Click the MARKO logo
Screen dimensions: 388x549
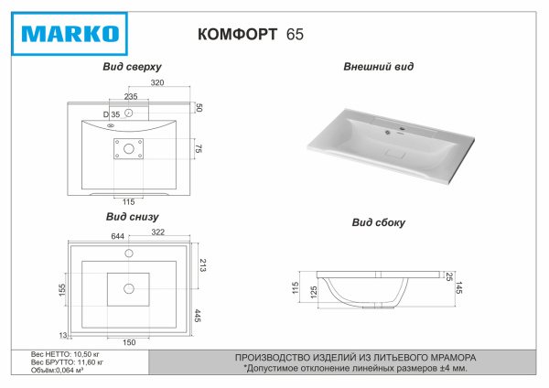tap(70, 35)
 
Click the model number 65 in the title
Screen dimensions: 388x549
tap(296, 35)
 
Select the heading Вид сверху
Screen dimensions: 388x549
tap(134, 68)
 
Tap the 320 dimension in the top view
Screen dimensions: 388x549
tap(157, 83)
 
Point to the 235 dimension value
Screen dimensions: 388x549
tap(131, 96)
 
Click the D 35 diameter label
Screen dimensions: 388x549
tap(111, 113)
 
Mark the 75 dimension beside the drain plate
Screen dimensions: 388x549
tap(198, 148)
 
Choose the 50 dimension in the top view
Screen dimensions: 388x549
tap(199, 108)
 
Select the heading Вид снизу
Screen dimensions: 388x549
tap(133, 217)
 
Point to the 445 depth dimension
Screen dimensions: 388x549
tap(198, 316)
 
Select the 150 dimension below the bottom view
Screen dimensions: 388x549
tap(129, 342)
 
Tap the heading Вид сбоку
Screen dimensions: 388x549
tap(378, 222)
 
